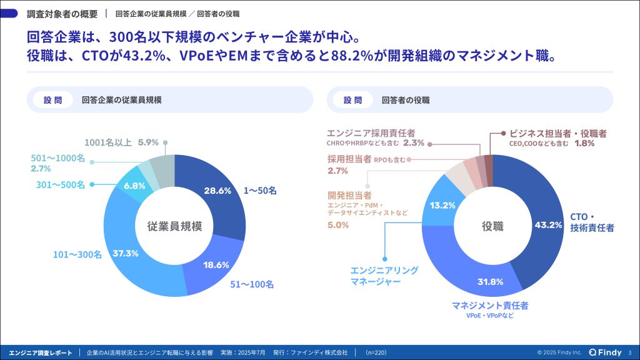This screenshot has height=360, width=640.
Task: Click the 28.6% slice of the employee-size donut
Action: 221,196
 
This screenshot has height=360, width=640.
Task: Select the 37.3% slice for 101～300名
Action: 126,253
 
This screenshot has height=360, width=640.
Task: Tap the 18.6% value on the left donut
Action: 216,265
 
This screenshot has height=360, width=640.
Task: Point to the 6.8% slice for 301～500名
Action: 135,186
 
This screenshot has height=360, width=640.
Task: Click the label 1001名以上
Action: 108,142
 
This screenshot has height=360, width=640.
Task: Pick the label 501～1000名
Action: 58,158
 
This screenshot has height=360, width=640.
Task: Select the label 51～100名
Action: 252,284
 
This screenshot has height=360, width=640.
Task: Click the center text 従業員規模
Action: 175,226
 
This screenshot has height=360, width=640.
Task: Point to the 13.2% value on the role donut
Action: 442,205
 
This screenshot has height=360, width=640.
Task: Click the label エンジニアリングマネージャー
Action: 384,276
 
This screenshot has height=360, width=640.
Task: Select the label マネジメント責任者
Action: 490,305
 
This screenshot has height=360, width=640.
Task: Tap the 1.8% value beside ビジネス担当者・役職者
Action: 584,143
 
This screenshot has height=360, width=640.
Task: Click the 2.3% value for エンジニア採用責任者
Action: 414,143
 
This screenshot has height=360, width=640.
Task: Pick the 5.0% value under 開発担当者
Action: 338,225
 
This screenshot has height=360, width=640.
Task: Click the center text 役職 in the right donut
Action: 492,226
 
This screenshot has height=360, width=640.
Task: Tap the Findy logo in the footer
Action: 605,352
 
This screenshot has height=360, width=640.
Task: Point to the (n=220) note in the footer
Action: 376,352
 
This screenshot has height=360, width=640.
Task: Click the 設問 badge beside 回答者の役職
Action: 352,100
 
